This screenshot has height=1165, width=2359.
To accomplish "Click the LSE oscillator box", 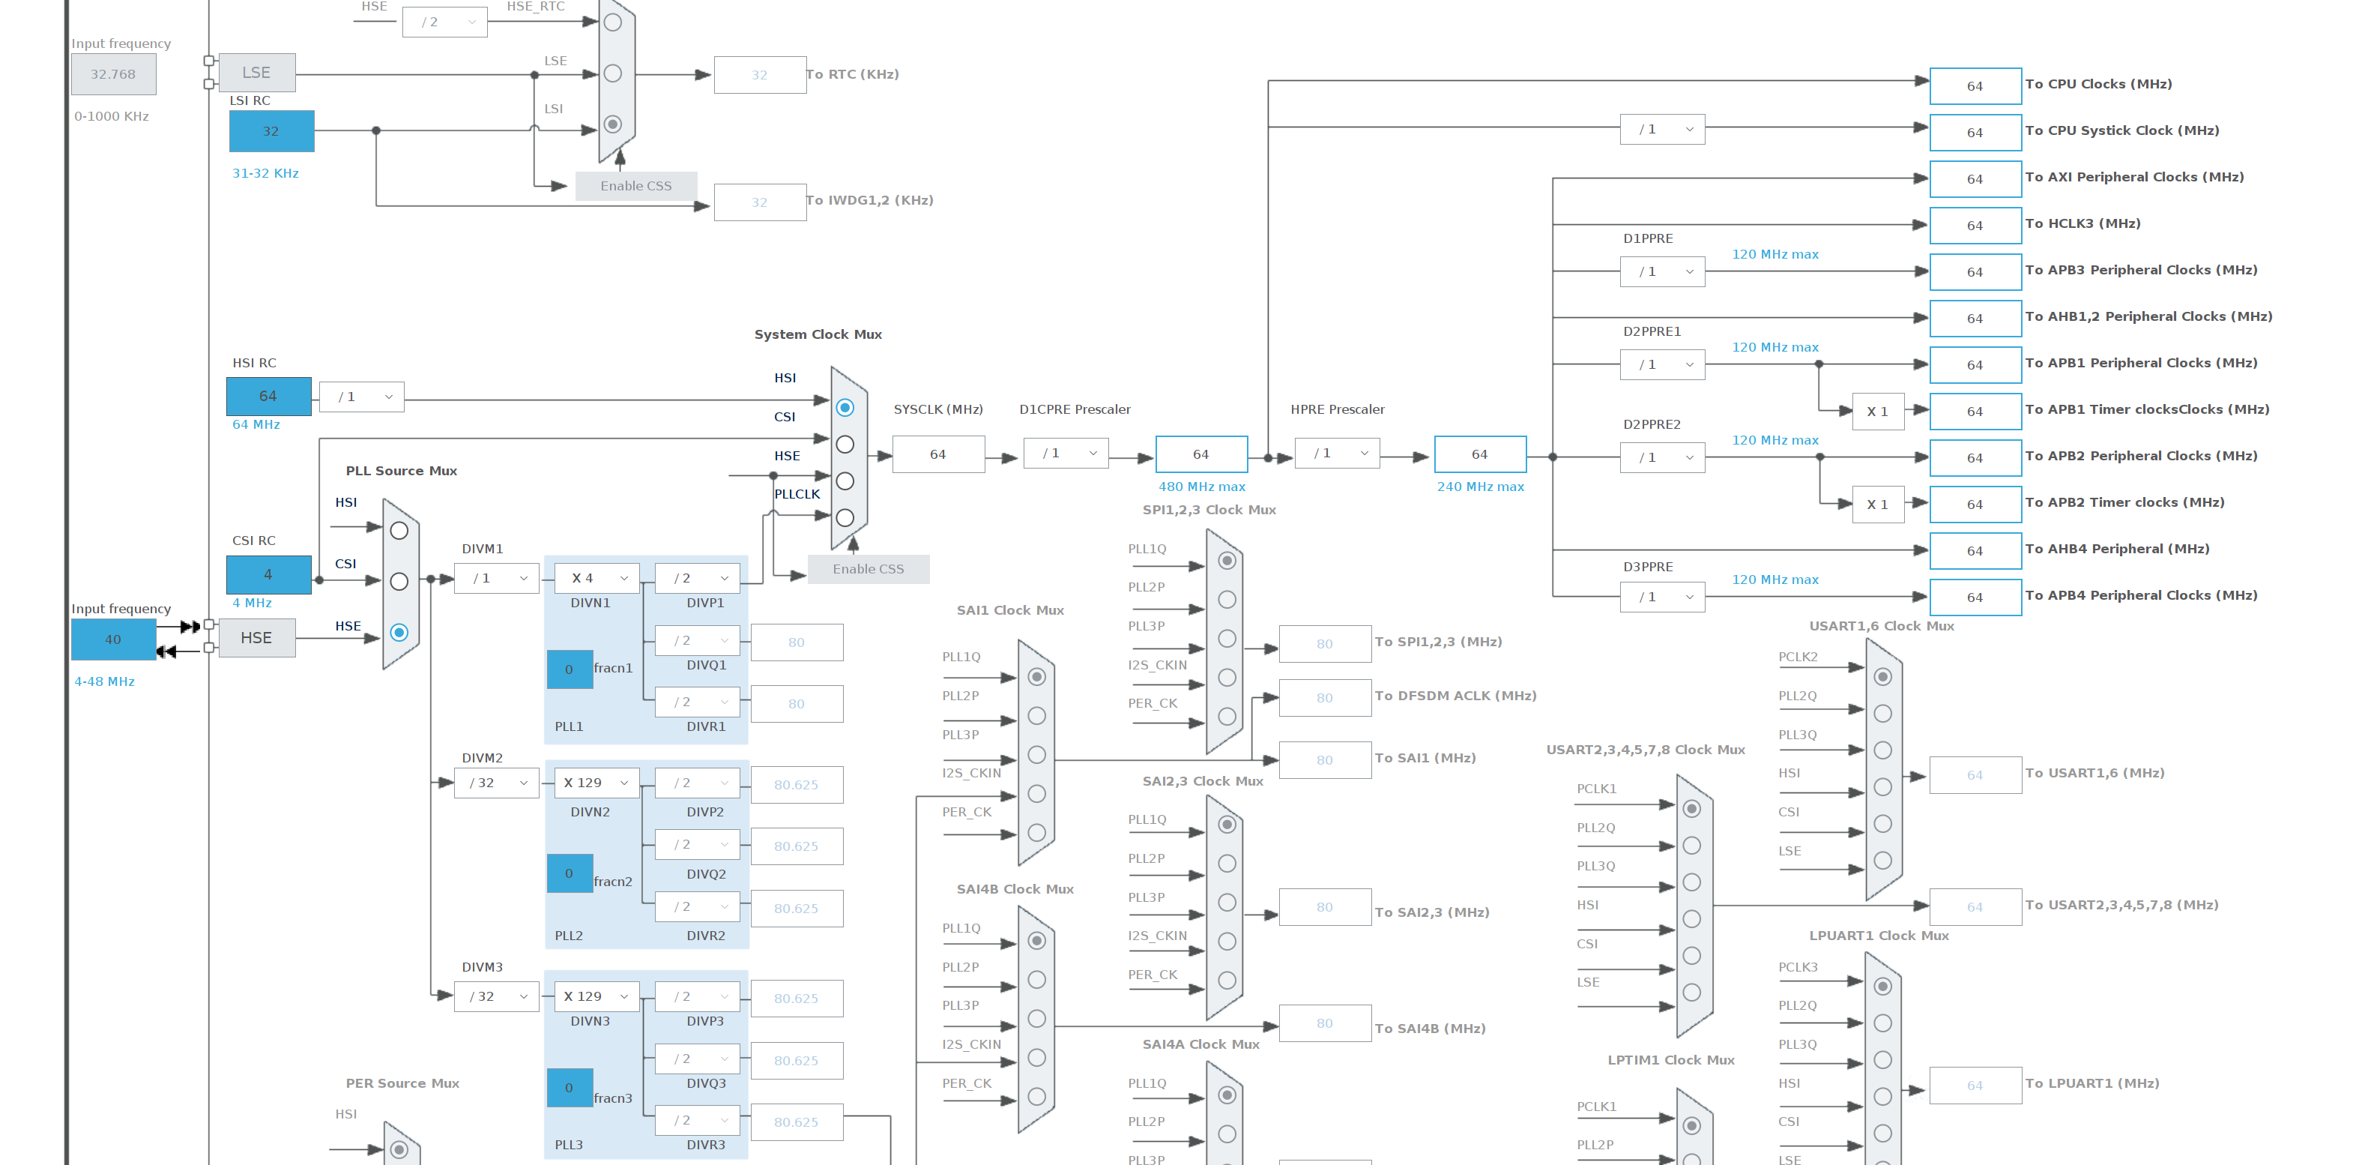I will [x=256, y=73].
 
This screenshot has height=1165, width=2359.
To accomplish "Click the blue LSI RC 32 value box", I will [x=271, y=131].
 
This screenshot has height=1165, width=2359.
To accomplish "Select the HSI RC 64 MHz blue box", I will [x=268, y=396].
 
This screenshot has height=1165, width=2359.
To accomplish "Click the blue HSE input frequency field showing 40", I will [x=114, y=639].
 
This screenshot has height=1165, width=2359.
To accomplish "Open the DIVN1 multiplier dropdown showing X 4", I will [x=597, y=578].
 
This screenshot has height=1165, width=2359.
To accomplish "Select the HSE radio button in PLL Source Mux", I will [x=399, y=632].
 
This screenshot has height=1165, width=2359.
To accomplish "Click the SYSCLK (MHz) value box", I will [x=937, y=454].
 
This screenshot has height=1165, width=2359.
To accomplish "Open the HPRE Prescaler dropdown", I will [x=1338, y=454].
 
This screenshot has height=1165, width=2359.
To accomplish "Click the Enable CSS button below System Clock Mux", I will [x=869, y=569].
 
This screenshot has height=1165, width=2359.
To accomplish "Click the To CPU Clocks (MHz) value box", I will [x=1975, y=86].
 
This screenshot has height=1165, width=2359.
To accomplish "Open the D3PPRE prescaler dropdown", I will [x=1662, y=597].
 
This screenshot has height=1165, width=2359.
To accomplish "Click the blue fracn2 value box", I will [x=570, y=874].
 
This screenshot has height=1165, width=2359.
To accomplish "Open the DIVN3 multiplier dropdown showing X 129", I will [x=597, y=996].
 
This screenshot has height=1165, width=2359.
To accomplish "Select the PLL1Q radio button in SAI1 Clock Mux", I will [x=1036, y=677].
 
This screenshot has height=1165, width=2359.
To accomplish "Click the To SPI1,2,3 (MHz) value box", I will [x=1324, y=644].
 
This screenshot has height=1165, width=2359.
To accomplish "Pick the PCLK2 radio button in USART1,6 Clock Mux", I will [x=1883, y=677].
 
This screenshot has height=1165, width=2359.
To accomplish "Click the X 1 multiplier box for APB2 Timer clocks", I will [x=1877, y=505].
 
